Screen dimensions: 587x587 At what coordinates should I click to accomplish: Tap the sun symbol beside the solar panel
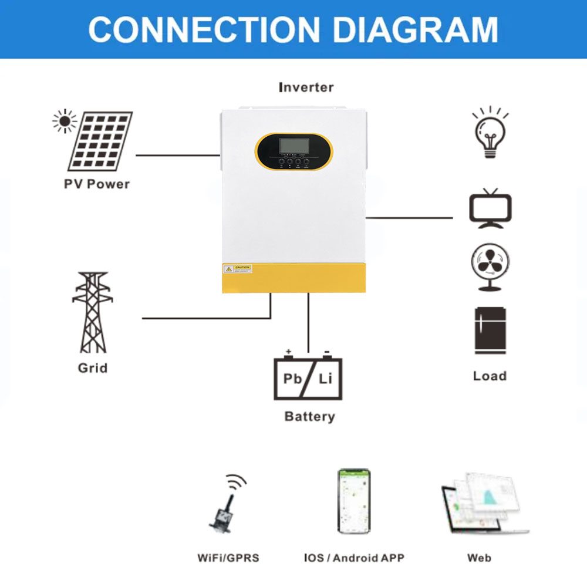pyautogui.click(x=64, y=121)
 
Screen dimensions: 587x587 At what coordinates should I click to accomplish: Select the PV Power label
pyautogui.click(x=97, y=184)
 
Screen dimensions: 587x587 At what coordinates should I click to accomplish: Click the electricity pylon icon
pyautogui.click(x=93, y=312)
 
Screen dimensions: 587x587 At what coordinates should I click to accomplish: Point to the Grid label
pyautogui.click(x=93, y=369)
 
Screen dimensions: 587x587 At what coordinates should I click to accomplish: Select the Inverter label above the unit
pyautogui.click(x=306, y=87)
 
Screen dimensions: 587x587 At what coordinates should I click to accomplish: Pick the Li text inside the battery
pyautogui.click(x=326, y=379)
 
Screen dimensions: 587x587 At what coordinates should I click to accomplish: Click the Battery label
pyautogui.click(x=309, y=417)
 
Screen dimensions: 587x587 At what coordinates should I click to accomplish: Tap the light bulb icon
pyautogui.click(x=490, y=133)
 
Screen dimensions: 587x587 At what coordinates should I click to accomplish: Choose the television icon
pyautogui.click(x=490, y=209)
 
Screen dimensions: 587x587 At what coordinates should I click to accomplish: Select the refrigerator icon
pyautogui.click(x=490, y=330)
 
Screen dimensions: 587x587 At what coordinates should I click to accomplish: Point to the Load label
pyautogui.click(x=490, y=376)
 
